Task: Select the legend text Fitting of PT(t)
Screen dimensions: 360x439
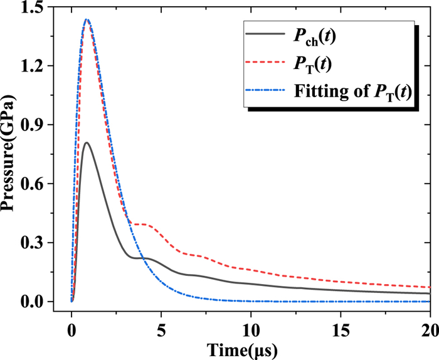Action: (x=352, y=93)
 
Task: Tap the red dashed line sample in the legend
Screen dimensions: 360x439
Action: (x=263, y=65)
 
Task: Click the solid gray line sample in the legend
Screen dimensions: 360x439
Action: (x=263, y=36)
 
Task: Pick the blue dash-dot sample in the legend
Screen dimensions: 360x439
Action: (x=263, y=93)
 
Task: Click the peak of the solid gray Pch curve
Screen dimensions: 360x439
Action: (x=87, y=143)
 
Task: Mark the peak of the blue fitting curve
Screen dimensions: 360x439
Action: (x=87, y=19)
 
